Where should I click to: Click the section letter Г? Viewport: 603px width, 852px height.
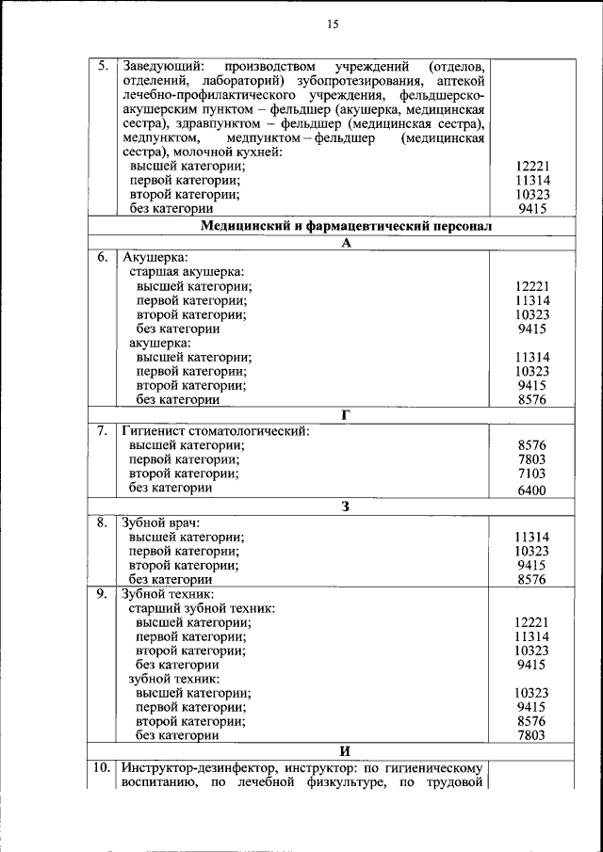click(x=346, y=415)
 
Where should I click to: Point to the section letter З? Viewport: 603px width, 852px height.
click(x=346, y=506)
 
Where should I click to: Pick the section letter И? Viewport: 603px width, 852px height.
click(x=346, y=750)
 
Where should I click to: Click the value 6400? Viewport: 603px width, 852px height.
click(x=531, y=490)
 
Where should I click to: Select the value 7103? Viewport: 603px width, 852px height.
click(x=531, y=474)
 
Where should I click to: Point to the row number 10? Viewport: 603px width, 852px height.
click(x=102, y=767)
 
